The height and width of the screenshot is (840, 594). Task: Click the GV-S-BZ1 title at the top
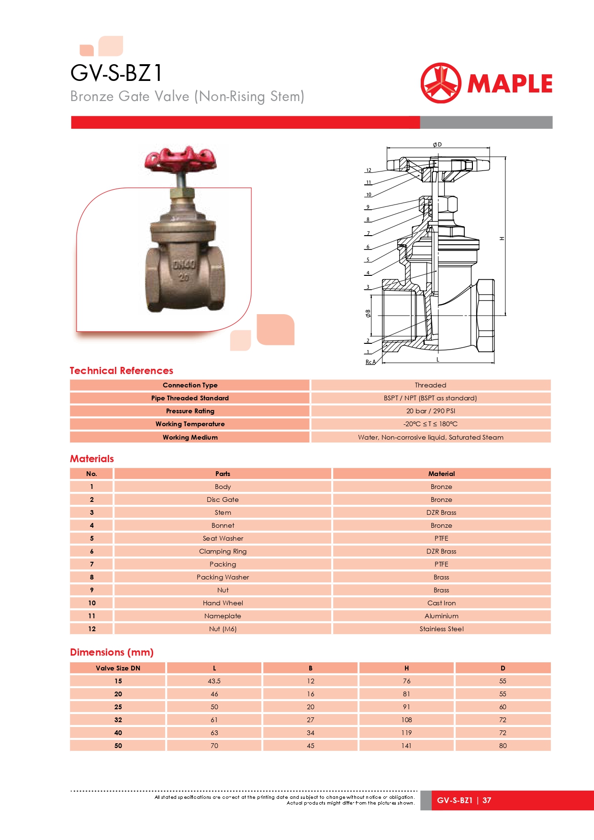tap(116, 73)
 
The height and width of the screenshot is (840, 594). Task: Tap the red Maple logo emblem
tap(440, 83)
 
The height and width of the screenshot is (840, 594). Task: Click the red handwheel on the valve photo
tap(180, 159)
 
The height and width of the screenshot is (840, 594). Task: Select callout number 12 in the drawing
tap(369, 170)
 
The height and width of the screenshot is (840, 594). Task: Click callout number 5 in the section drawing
tap(368, 260)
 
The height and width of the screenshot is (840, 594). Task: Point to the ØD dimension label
tap(437, 144)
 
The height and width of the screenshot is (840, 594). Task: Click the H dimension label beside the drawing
tap(502, 238)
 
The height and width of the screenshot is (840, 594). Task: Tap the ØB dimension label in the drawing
tap(368, 313)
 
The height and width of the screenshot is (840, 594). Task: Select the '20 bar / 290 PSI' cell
tap(430, 411)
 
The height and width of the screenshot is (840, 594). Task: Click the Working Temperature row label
tap(190, 424)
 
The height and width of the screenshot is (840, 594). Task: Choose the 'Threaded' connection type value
tap(430, 385)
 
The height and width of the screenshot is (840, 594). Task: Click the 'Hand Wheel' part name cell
tap(223, 603)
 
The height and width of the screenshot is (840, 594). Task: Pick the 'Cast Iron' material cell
tap(441, 603)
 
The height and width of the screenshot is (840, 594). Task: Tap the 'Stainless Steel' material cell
tap(441, 629)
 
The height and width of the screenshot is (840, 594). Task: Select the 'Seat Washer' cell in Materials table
tap(223, 538)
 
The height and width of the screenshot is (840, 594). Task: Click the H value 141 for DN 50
tap(406, 746)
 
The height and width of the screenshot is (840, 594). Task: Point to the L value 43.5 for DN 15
tap(214, 681)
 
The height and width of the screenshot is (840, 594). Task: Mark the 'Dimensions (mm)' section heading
tap(112, 652)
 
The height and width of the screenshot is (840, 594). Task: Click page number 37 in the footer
tap(487, 800)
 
